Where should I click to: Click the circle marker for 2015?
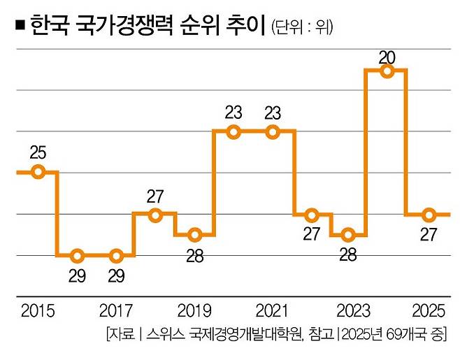click(x=38, y=172)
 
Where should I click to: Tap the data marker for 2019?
click(x=195, y=234)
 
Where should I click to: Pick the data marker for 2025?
click(x=430, y=215)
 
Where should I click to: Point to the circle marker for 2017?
click(x=117, y=255)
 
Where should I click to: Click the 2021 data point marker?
click(x=273, y=131)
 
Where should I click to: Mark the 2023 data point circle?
click(x=352, y=234)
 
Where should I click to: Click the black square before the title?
click(x=20, y=28)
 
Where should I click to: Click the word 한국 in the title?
click(x=50, y=27)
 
